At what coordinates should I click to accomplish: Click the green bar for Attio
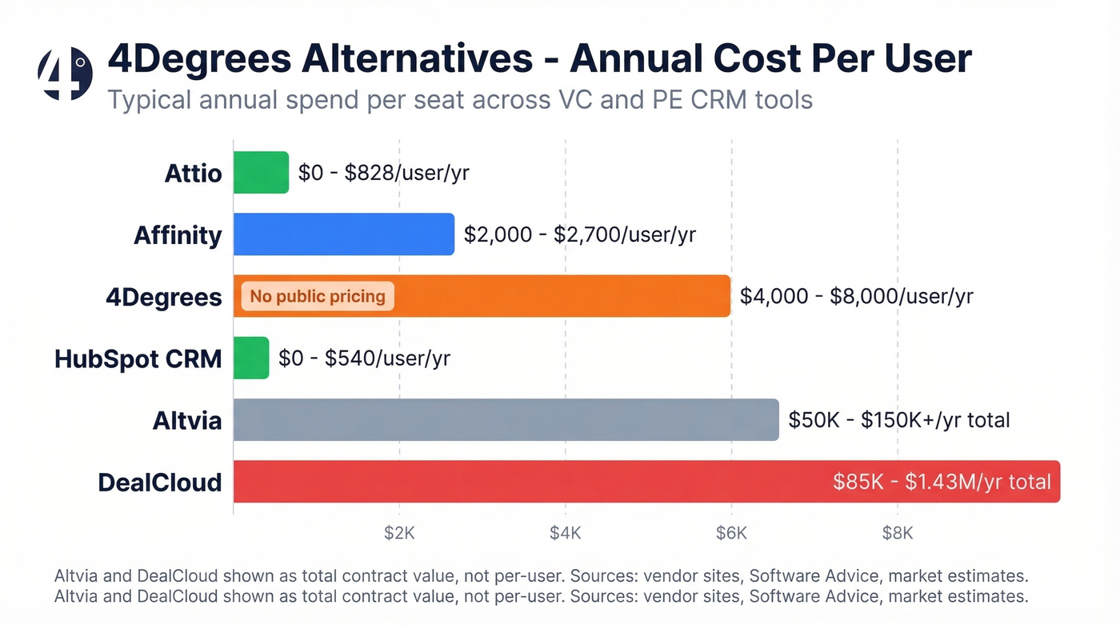(261, 172)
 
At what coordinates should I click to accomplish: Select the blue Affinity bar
(344, 234)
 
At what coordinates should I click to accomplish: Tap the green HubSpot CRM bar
(251, 358)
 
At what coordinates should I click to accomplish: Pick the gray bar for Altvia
(506, 419)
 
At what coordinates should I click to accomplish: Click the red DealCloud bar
(528, 482)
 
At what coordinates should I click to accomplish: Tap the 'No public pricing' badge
(318, 296)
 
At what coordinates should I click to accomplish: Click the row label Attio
(193, 173)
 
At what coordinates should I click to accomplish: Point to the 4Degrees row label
(164, 297)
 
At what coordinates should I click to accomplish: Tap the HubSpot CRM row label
(138, 359)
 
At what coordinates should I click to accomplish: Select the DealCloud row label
(159, 483)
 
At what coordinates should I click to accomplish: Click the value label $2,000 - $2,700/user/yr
(580, 234)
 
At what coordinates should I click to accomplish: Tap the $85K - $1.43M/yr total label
(942, 482)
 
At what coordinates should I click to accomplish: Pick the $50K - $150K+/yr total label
(899, 419)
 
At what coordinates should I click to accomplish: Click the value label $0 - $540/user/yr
(364, 358)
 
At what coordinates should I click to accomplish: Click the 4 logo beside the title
(65, 74)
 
